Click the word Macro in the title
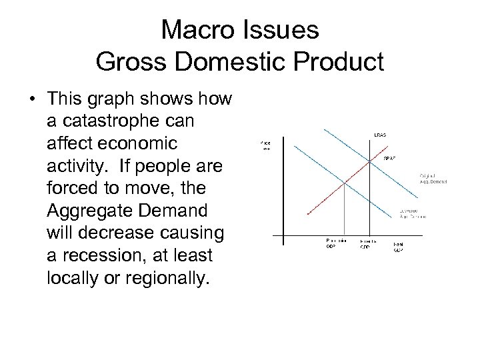pyautogui.click(x=189, y=30)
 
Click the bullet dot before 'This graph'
pyautogui.click(x=32, y=101)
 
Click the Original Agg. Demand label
pyautogui.click(x=433, y=179)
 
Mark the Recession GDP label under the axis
pyautogui.click(x=335, y=243)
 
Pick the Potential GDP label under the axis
pyautogui.click(x=369, y=243)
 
